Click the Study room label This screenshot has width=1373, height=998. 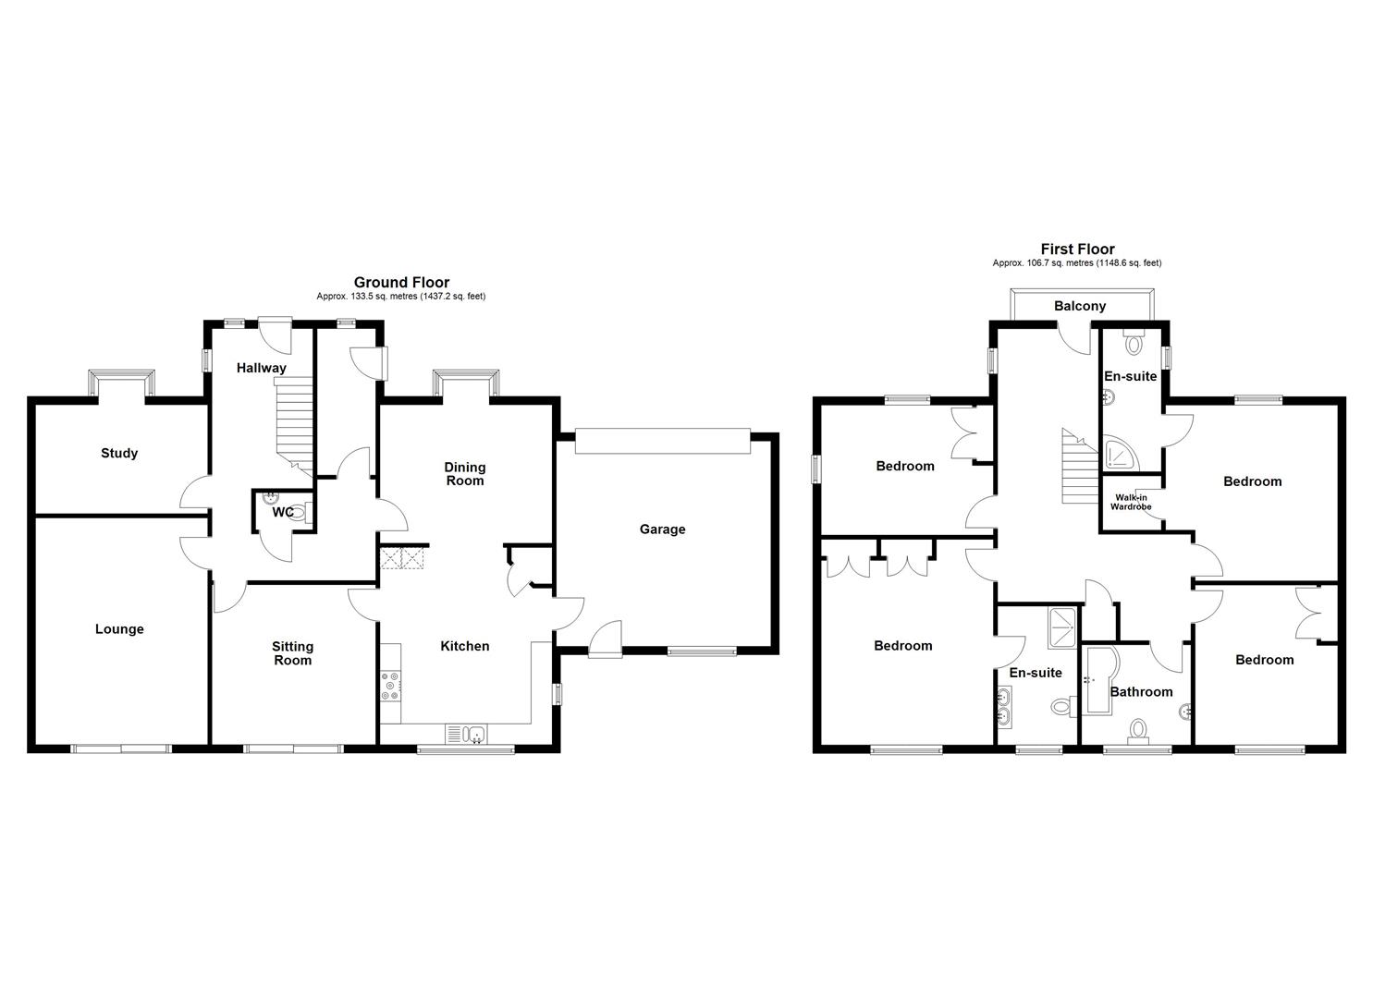119,453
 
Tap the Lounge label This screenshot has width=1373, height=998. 119,629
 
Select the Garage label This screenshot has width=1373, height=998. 662,529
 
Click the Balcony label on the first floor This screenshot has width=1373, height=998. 1079,306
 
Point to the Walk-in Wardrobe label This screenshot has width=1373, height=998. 1130,502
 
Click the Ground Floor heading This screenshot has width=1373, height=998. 401,283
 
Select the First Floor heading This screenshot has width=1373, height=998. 1077,249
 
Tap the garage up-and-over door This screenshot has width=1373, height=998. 662,441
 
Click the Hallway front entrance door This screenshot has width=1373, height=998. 275,329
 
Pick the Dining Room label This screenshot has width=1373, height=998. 464,474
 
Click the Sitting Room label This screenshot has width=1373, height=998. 292,653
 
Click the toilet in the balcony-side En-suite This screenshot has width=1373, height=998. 1134,343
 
